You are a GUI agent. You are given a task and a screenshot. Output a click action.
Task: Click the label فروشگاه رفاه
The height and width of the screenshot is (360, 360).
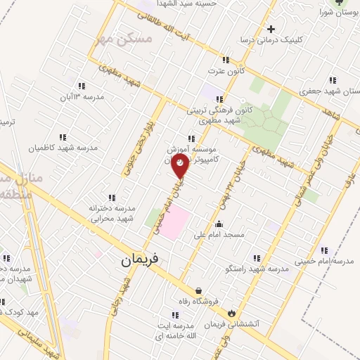tap(199, 303)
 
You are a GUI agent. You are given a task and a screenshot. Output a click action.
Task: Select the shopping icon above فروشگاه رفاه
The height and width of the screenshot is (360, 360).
tap(199, 290)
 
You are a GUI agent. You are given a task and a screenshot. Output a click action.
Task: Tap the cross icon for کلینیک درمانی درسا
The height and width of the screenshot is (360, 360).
tap(271, 29)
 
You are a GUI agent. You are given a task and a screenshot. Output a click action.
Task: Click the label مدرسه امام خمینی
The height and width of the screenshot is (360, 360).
tap(324, 261)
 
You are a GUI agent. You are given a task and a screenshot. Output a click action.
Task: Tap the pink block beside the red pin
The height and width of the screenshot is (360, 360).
tap(178, 221)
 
